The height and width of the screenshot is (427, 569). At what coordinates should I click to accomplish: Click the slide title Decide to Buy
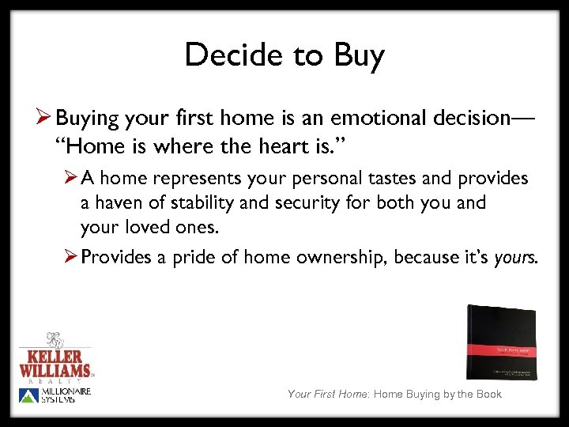click(284, 55)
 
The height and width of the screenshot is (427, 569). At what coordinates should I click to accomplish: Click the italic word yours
click(515, 258)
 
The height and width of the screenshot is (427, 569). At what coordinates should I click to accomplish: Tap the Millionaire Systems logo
click(55, 395)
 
